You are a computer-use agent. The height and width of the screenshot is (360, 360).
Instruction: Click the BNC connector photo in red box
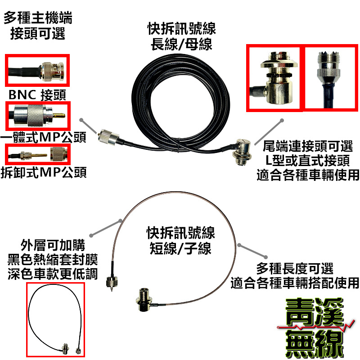click(37, 70)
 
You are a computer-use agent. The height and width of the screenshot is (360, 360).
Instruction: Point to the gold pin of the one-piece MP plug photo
click(60, 116)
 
